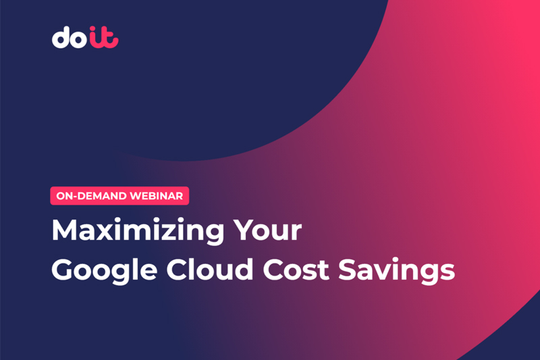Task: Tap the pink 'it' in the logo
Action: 104,37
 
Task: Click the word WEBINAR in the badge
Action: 157,196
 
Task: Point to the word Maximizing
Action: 138,232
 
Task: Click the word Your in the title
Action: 267,230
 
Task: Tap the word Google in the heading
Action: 105,271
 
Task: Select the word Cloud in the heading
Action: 210,268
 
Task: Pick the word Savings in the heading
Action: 396,271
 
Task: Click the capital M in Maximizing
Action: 64,230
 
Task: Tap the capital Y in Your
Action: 244,230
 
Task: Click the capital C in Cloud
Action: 177,269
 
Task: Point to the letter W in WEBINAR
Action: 136,196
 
